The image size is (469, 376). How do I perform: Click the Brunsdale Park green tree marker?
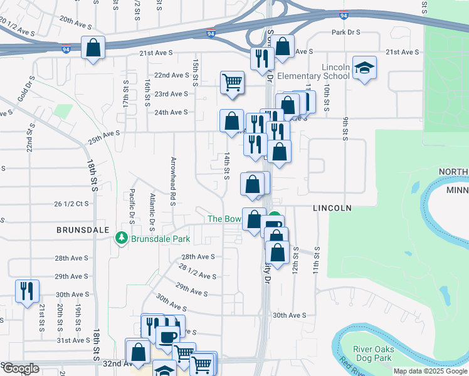pyautogui.click(x=121, y=238)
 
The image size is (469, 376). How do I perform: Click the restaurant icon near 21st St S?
pyautogui.click(x=26, y=290)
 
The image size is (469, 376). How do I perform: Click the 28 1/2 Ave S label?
pyautogui.click(x=198, y=271)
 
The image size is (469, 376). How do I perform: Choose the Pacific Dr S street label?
pyautogui.click(x=132, y=207)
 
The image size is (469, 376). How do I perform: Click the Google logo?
pyautogui.click(x=20, y=368)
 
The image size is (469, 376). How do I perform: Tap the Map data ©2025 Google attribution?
pyautogui.click(x=430, y=371)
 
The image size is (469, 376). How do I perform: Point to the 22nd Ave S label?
pyautogui.click(x=171, y=75)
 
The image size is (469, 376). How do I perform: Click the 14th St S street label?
pyautogui.click(x=226, y=165)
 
